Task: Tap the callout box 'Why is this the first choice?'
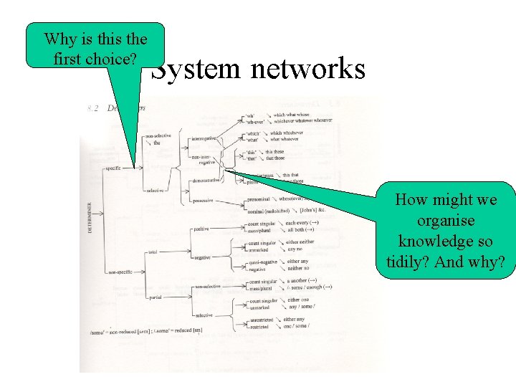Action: (95, 46)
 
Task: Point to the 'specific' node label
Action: (112, 168)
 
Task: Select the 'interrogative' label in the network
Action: (205, 138)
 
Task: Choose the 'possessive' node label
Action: (204, 201)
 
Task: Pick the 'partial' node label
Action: (155, 297)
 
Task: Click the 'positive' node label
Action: (201, 229)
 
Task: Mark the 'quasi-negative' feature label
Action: (263, 263)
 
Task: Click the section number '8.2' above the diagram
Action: (92, 108)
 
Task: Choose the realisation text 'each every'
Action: (301, 223)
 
